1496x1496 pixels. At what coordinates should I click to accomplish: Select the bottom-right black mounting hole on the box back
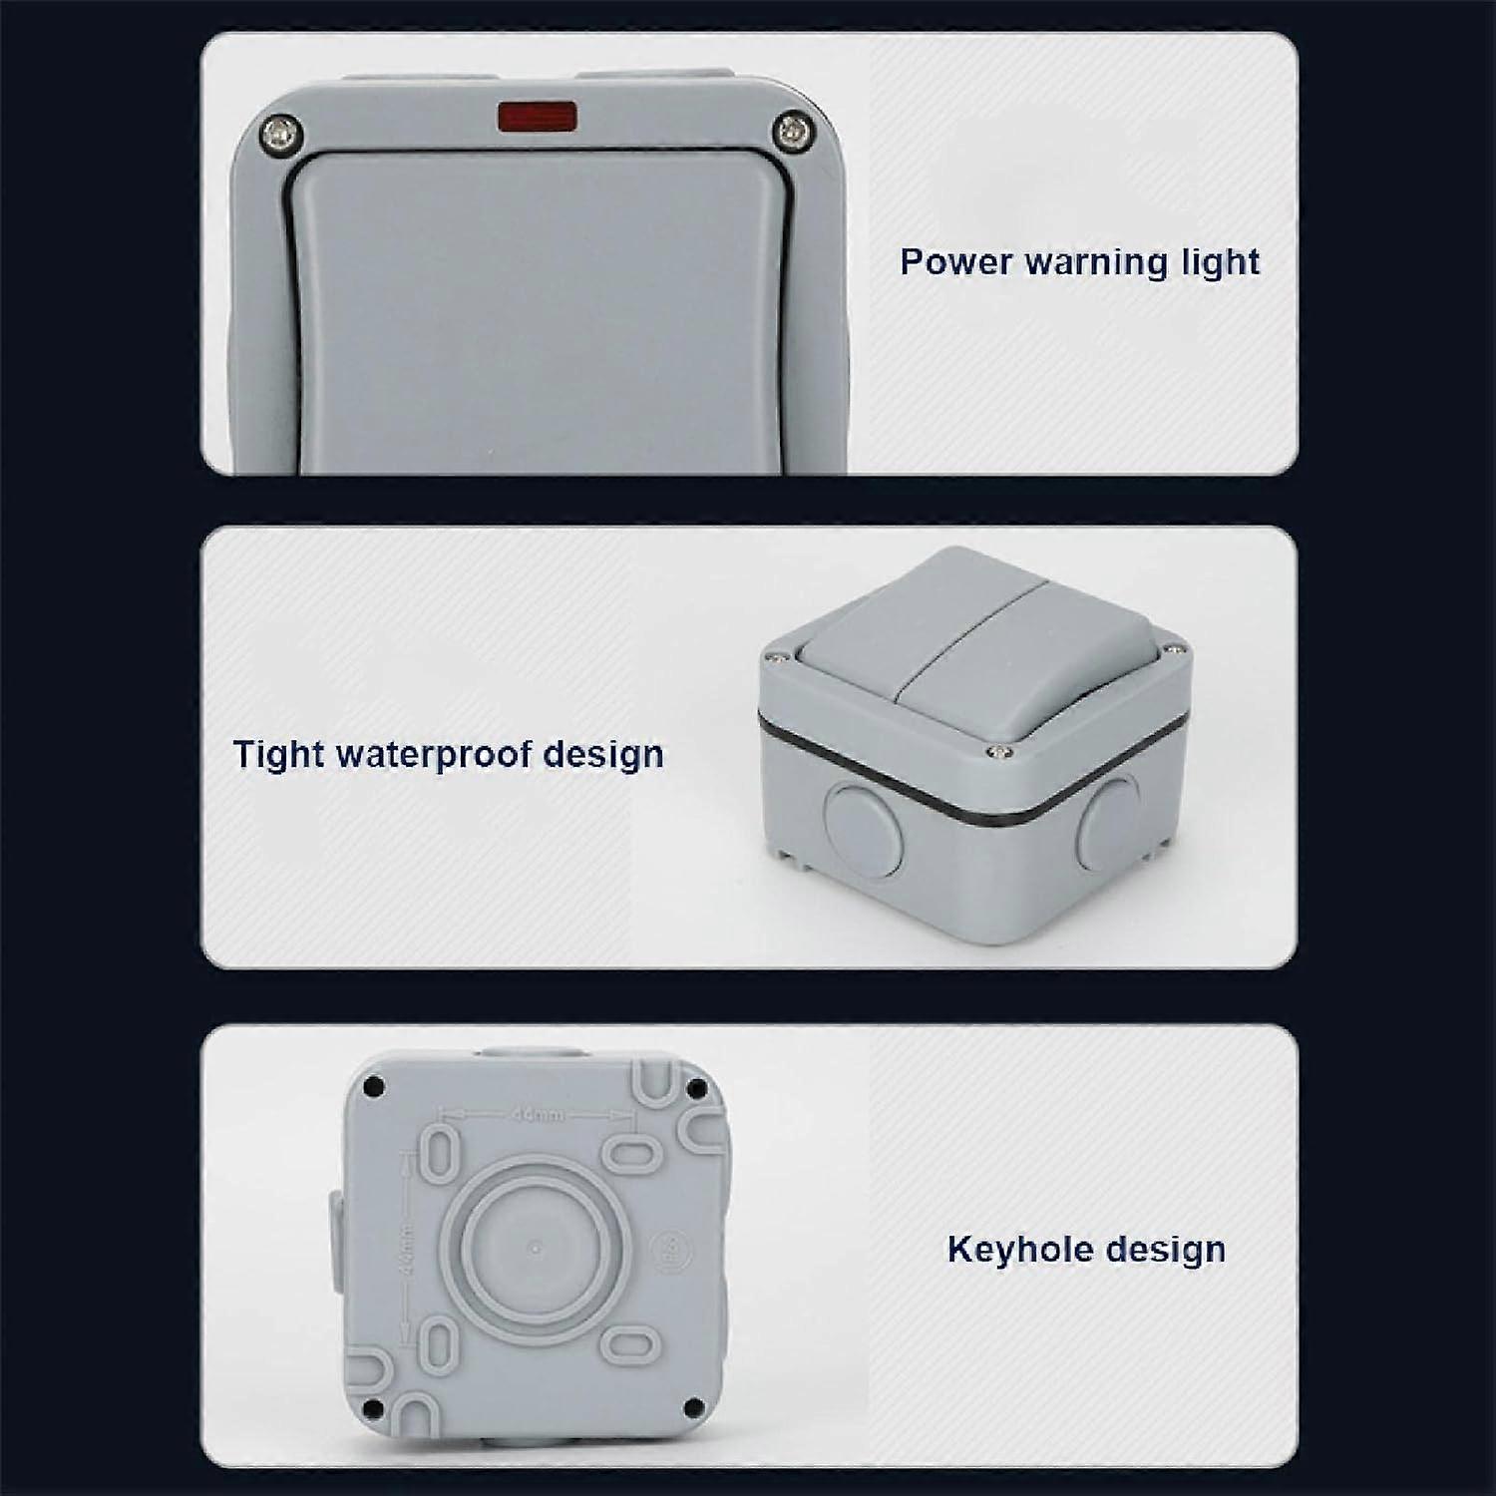coord(690,1407)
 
